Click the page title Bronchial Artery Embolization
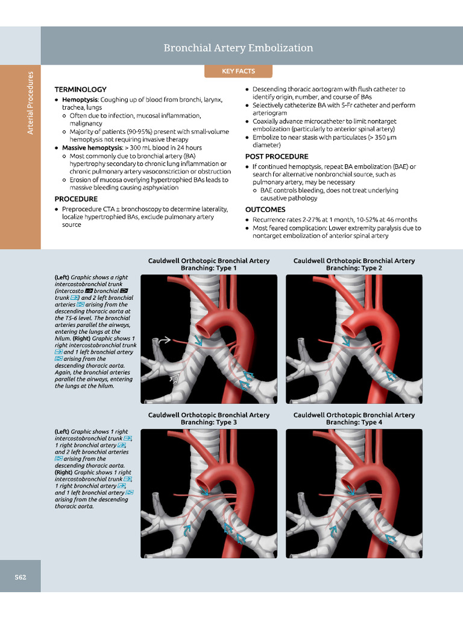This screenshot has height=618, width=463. pos(238,48)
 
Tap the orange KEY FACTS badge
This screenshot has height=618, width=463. pos(238,71)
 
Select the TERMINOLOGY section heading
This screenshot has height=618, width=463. pos(80,89)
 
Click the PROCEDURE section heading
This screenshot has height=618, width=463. pos(76,199)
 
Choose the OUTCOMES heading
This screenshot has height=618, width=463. pos(265,209)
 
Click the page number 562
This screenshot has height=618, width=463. pos(20,577)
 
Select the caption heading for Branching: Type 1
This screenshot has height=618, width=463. pos(209,264)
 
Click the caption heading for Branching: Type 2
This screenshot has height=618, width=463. pos(354,264)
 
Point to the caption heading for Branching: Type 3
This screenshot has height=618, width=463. pos(209,419)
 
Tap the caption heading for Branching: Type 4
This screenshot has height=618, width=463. pos(354,419)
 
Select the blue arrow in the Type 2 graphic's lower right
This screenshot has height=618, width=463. pos(391,377)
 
